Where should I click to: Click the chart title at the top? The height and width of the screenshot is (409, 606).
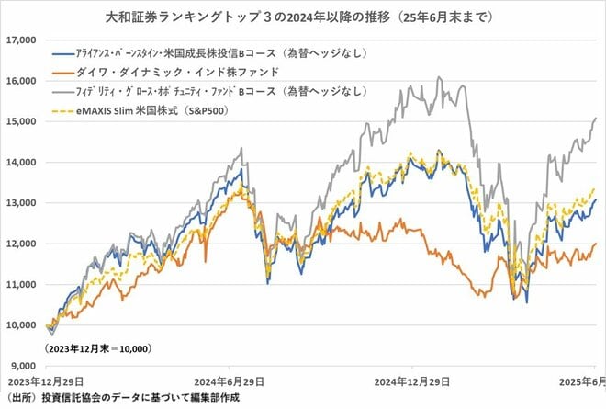[302, 16]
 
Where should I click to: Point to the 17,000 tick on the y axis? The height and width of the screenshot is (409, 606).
[20, 40]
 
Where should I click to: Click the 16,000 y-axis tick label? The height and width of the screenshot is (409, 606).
[20, 81]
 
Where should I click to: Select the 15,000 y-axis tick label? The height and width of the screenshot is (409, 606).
[20, 121]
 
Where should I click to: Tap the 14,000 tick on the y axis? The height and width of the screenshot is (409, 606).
[20, 163]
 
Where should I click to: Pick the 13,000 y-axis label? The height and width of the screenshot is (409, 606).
[20, 203]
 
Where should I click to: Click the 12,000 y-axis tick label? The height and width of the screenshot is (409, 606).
[20, 244]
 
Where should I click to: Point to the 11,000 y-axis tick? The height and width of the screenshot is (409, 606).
[20, 285]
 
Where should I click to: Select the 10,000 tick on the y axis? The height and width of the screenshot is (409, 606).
[20, 325]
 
